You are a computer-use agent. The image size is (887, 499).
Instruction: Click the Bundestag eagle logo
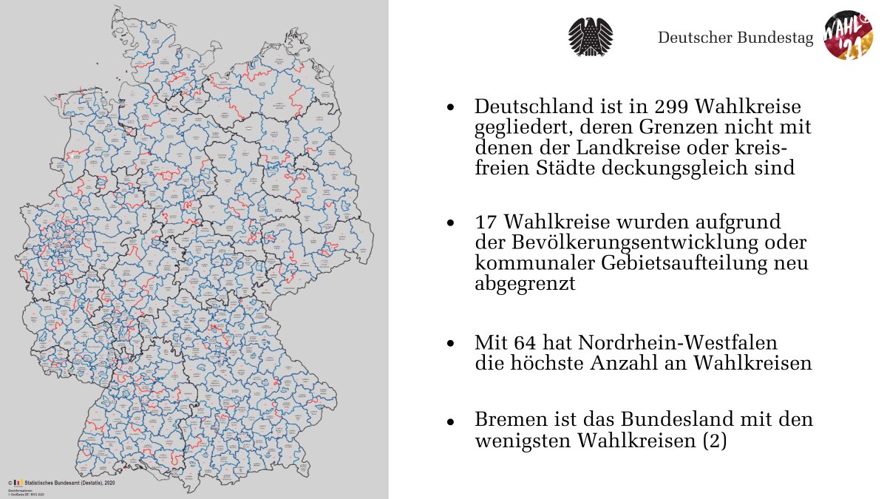(591, 36)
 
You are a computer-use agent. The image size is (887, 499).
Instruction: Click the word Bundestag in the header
(776, 38)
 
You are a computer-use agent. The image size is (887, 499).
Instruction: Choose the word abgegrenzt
(525, 284)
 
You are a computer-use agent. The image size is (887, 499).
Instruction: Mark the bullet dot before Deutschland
(450, 108)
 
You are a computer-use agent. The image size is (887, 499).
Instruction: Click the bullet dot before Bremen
(450, 421)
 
